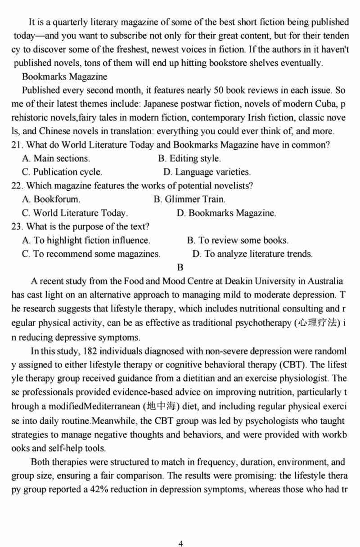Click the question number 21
(x=16, y=145)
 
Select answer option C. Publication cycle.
(x=62, y=172)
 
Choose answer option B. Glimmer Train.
(x=189, y=199)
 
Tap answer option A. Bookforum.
(x=51, y=199)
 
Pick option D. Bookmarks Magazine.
(x=226, y=213)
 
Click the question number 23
(x=16, y=226)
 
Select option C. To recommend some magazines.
(x=91, y=254)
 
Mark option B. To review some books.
(x=238, y=240)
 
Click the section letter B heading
(x=180, y=268)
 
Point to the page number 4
(x=180, y=543)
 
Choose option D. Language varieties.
(x=207, y=172)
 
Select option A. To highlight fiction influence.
(x=86, y=240)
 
